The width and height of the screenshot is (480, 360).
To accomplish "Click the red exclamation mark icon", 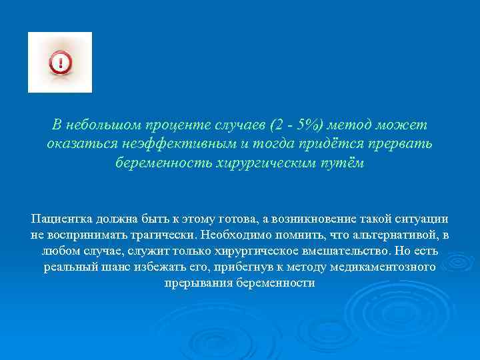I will coord(60,63).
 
